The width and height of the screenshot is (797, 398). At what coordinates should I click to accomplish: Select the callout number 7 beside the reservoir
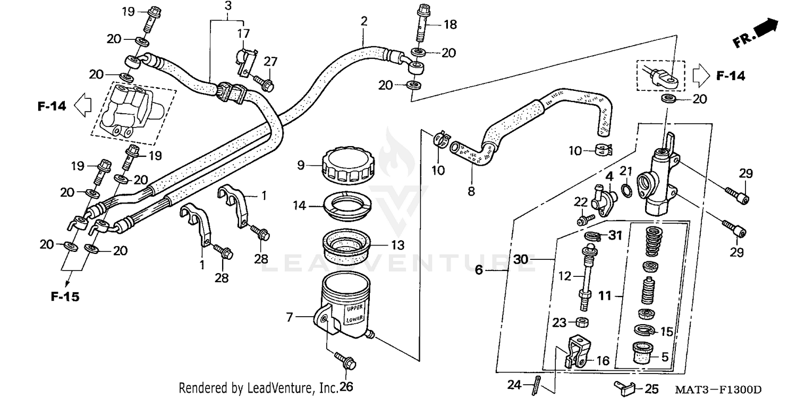point(290,318)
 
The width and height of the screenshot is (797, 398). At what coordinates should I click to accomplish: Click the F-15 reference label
point(65,297)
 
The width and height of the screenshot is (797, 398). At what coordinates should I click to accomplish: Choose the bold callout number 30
point(522,260)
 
